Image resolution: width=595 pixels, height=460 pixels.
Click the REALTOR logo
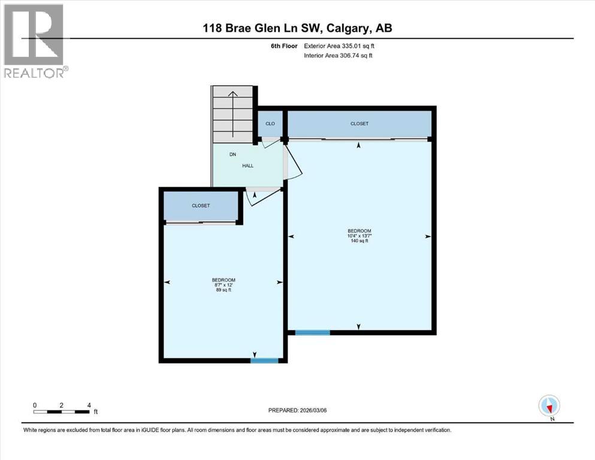click(x=34, y=41)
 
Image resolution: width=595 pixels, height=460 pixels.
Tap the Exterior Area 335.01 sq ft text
click(x=342, y=46)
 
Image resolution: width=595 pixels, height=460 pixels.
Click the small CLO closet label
click(x=270, y=123)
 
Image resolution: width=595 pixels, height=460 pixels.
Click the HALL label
click(x=248, y=166)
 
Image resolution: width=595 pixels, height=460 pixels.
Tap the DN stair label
click(x=233, y=155)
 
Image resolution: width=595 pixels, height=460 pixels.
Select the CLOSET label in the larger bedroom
click(x=360, y=123)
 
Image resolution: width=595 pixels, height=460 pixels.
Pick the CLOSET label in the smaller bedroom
click(x=201, y=205)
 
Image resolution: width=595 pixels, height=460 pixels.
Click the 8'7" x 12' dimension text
click(x=223, y=286)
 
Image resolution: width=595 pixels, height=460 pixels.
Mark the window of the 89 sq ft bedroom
click(x=264, y=360)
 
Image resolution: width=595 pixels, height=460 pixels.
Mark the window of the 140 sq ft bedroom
click(x=312, y=332)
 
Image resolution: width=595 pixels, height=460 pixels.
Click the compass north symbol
click(x=549, y=406)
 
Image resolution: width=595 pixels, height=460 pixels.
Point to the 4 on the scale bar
click(x=89, y=405)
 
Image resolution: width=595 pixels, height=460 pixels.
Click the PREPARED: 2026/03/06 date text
click(x=299, y=410)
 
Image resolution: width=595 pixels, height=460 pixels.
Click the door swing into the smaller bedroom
click(x=259, y=196)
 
